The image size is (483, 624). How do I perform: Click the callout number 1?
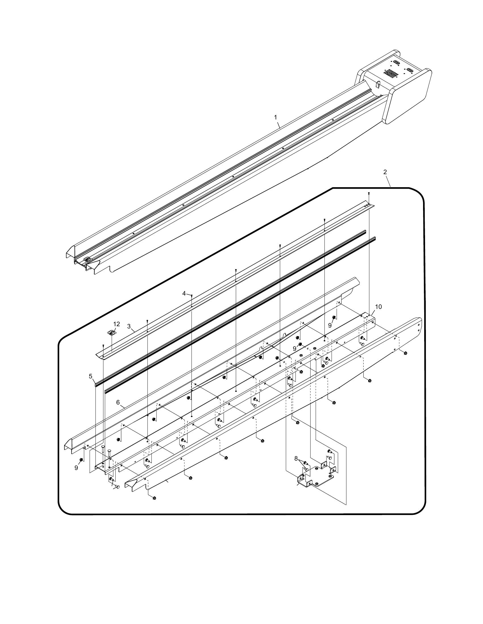click(276, 117)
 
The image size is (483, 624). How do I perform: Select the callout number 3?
click(129, 326)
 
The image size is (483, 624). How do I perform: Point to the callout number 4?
click(184, 293)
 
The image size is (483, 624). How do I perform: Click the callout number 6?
click(118, 402)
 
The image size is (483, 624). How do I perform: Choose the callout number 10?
click(378, 307)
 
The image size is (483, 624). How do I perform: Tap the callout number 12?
click(116, 324)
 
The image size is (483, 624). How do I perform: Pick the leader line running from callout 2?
click(388, 181)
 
